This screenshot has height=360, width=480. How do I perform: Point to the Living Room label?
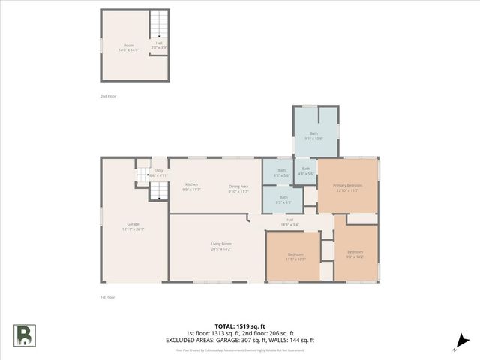pos(220,246)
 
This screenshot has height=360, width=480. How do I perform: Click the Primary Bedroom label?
pos(348,187)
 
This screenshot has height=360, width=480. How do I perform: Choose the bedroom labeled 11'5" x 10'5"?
pos(296,256)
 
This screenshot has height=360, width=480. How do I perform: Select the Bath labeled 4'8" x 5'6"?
pos(305,171)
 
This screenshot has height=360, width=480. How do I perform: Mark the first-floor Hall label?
pos(289,222)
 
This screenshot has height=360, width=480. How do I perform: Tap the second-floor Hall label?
pos(159,45)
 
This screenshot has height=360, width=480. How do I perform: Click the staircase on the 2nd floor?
pos(159,25)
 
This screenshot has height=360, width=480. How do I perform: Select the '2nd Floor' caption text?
pos(108,96)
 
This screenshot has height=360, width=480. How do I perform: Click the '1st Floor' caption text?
pos(108,298)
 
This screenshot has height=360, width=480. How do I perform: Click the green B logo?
pos(23,334)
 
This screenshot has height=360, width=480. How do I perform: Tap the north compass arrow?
pos(459,343)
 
